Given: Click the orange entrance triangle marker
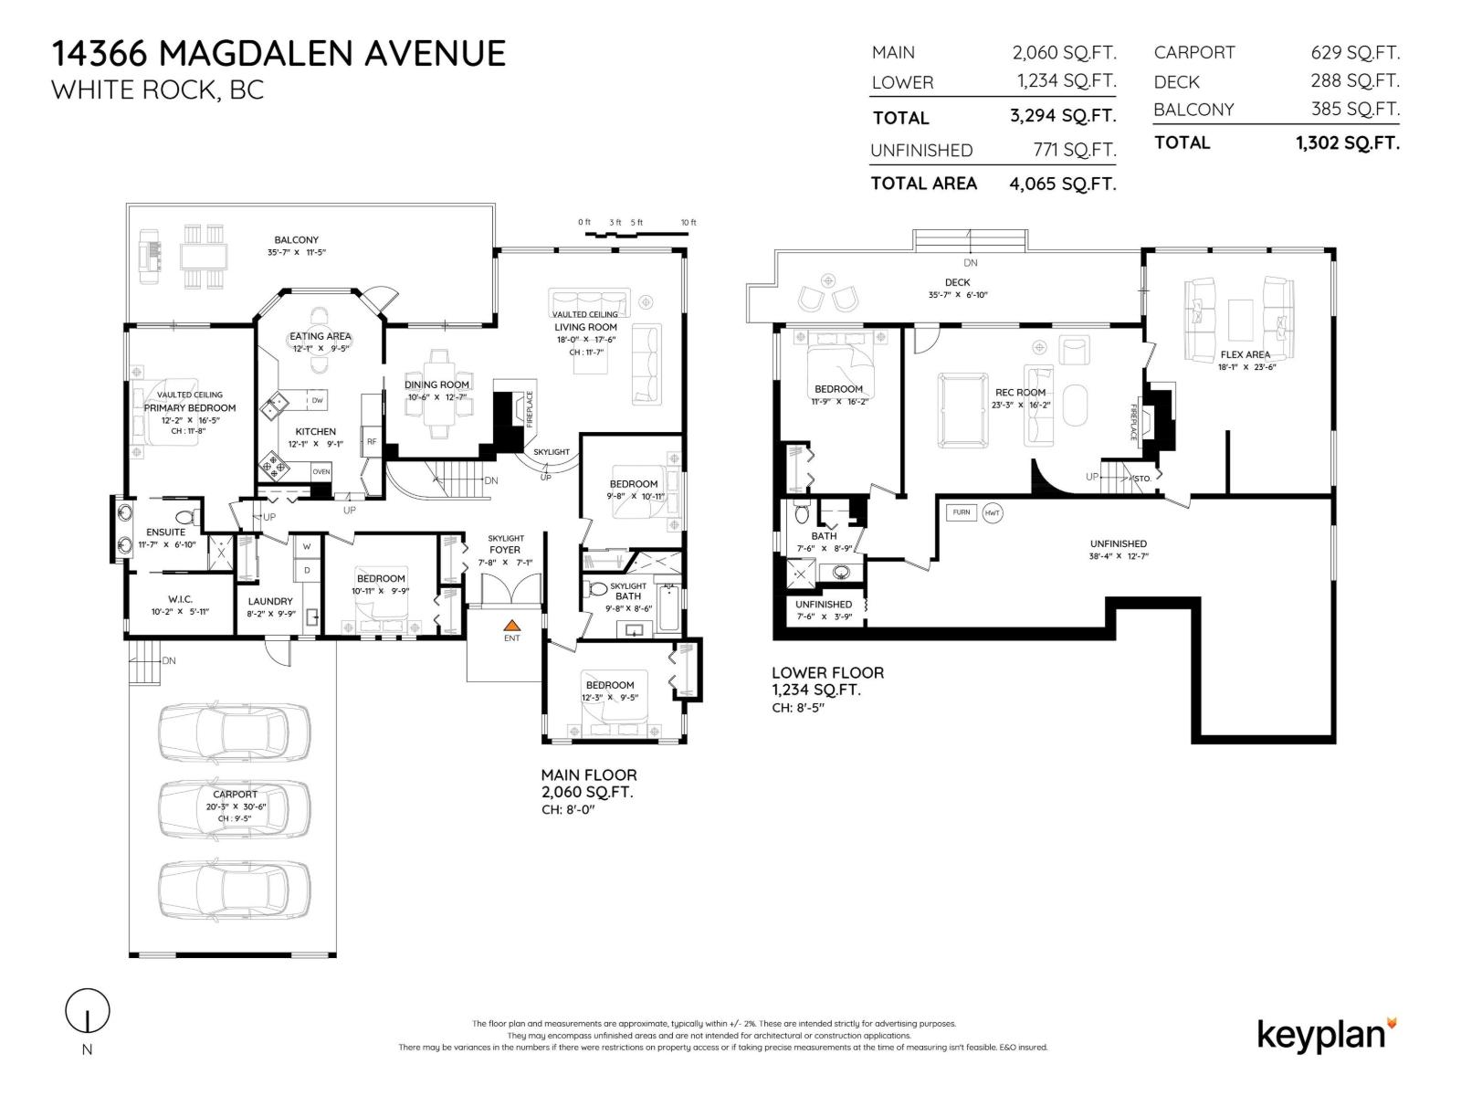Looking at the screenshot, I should [x=512, y=625].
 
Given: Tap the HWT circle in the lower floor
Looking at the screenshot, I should [x=993, y=513].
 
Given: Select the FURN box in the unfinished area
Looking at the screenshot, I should [x=962, y=512].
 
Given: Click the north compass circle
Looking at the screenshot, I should [x=88, y=1011].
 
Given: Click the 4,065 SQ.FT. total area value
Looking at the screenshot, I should [x=1062, y=184].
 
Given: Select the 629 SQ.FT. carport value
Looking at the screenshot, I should [x=1355, y=53].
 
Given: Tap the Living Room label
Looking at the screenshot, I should [x=585, y=327].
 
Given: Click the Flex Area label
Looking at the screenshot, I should [x=1245, y=354].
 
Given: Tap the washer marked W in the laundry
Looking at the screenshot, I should [x=307, y=547].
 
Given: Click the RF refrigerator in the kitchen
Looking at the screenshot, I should [x=372, y=441].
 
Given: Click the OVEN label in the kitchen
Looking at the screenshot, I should [x=321, y=471].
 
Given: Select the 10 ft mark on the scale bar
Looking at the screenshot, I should [x=688, y=223].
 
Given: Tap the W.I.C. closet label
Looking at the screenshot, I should [x=180, y=599].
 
